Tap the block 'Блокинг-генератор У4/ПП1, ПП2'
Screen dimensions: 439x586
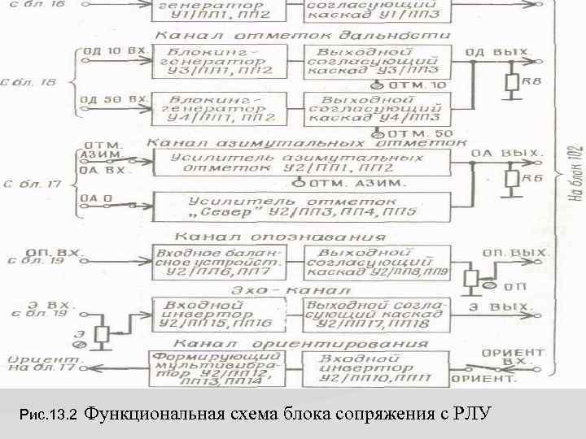pos(221,108)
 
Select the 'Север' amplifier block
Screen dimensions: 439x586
pos(300,206)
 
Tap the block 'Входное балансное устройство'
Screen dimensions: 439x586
pos(219,261)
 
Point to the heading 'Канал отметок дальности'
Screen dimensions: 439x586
pos(302,36)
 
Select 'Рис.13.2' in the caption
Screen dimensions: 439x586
pos(47,415)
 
